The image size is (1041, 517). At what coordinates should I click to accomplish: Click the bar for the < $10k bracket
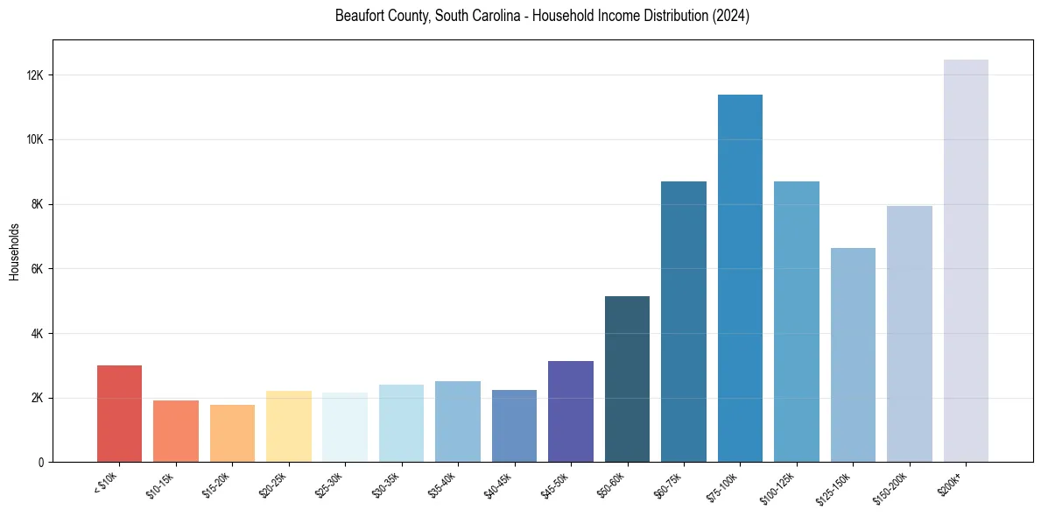pyautogui.click(x=119, y=414)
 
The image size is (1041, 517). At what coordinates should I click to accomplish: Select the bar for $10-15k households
pyautogui.click(x=176, y=431)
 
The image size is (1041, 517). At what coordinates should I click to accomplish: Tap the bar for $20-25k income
pyautogui.click(x=289, y=426)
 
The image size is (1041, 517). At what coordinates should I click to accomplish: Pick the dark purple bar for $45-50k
pyautogui.click(x=571, y=411)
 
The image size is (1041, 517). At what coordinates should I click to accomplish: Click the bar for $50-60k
pyautogui.click(x=627, y=379)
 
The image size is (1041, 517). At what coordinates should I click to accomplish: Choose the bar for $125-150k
pyautogui.click(x=853, y=355)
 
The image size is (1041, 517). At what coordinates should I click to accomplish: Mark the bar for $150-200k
pyautogui.click(x=910, y=334)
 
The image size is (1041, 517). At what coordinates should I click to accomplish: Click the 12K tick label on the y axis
pyautogui.click(x=36, y=75)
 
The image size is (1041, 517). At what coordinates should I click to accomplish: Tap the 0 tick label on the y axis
pyautogui.click(x=42, y=463)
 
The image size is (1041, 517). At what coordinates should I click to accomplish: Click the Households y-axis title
pyautogui.click(x=15, y=251)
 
